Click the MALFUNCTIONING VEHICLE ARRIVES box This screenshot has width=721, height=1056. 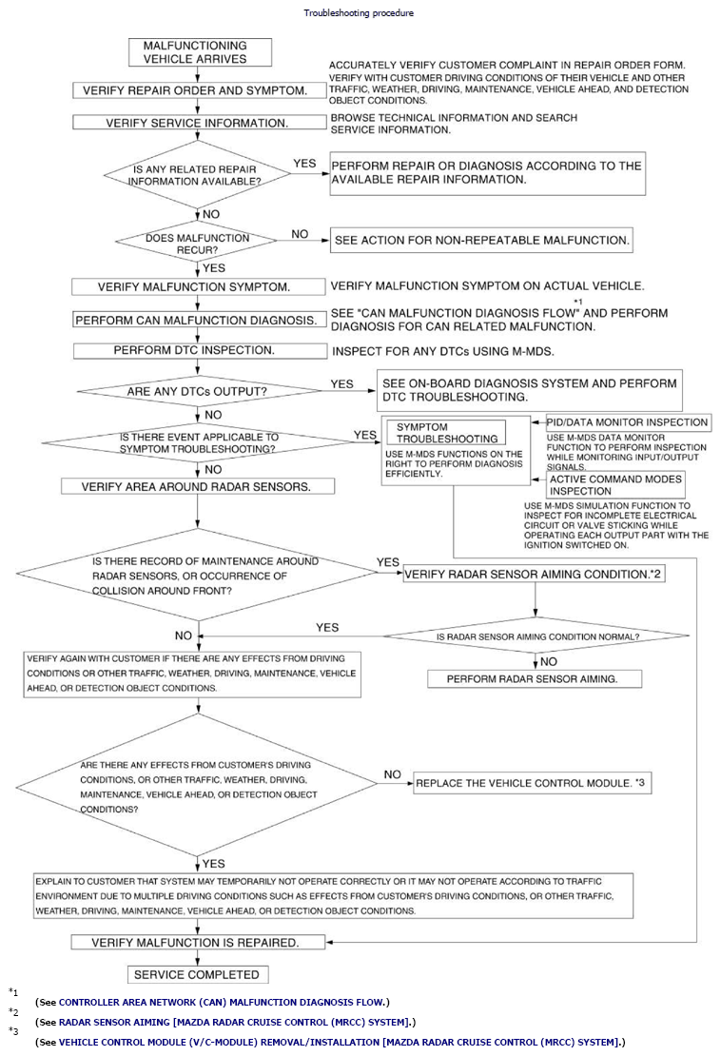tap(200, 52)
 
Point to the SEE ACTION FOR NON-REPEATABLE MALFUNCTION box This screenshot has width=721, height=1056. tap(481, 241)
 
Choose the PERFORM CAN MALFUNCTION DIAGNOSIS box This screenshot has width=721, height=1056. tap(196, 320)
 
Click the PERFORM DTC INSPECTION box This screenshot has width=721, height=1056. tap(196, 350)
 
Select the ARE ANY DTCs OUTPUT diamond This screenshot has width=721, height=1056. tap(196, 391)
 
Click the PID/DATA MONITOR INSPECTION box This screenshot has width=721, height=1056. tap(627, 422)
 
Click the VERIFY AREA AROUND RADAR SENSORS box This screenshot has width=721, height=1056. tap(198, 486)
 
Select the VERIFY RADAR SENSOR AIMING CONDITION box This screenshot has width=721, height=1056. tap(534, 575)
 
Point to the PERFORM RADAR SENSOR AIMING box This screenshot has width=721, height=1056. tap(533, 679)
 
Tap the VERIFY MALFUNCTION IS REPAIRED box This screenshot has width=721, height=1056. tap(196, 943)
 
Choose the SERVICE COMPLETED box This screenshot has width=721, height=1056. tap(197, 974)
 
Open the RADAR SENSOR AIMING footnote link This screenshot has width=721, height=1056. tap(236, 1022)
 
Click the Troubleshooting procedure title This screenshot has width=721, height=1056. tap(359, 13)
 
